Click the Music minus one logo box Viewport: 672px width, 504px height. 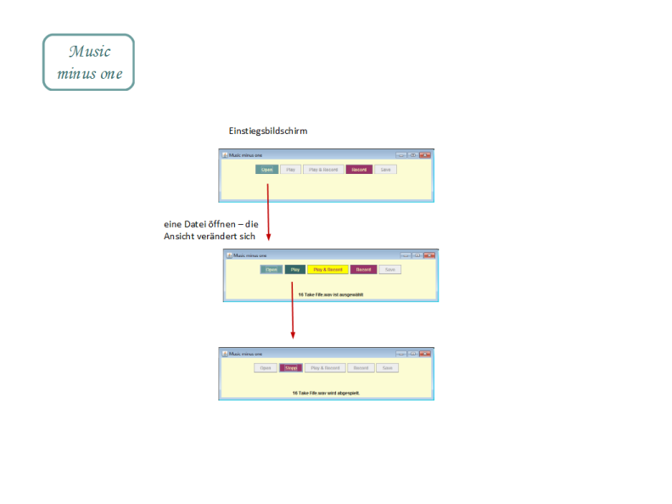88,62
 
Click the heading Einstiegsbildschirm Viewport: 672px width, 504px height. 267,132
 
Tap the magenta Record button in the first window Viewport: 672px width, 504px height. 359,170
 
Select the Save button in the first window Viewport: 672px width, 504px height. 385,170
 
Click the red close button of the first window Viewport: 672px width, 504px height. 425,154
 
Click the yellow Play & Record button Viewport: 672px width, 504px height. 328,270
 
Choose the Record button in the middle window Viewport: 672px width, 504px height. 363,270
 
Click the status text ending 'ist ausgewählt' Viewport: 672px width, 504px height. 330,294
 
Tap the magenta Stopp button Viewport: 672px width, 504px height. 291,368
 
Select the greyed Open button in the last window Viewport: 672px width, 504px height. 266,368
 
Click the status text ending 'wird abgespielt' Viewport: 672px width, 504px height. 326,393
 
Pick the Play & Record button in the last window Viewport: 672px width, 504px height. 325,368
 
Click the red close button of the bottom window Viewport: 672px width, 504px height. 425,353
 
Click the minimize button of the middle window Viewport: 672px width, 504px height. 406,255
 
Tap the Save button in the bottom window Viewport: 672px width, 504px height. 387,368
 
